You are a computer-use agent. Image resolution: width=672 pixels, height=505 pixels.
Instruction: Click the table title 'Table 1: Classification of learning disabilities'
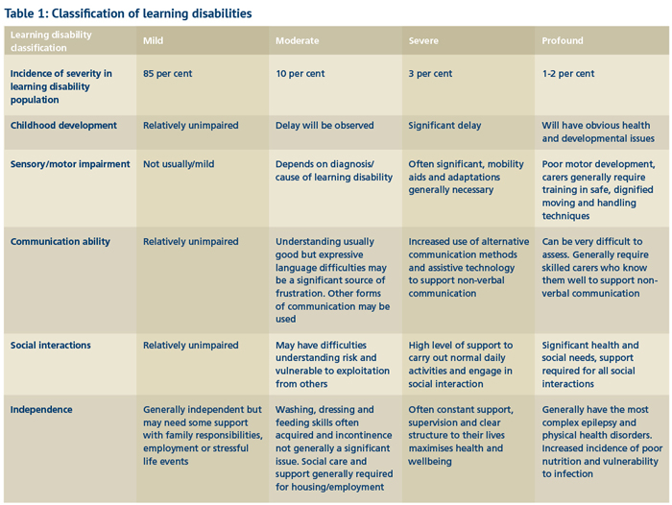pos(129,13)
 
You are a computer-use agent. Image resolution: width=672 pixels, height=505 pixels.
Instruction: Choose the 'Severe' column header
pos(424,41)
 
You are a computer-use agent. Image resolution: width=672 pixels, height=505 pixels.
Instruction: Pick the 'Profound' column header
pos(563,41)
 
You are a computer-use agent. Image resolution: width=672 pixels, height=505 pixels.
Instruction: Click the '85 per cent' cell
pos(168,74)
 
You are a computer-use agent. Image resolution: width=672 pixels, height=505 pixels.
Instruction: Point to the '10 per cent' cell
pos(300,74)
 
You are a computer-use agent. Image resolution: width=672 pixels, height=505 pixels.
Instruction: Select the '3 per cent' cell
pos(430,74)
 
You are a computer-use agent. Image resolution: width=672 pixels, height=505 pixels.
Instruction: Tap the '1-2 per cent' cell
pos(568,74)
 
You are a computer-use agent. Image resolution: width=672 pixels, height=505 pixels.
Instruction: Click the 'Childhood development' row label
pos(63,126)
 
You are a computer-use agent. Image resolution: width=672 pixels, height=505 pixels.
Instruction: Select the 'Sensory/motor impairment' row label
pos(70,164)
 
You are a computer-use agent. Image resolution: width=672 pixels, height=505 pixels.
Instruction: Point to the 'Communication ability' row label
pos(60,242)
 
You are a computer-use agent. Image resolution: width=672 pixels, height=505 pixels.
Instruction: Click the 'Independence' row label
pos(42,410)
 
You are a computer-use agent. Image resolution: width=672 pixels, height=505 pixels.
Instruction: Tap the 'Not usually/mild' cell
pos(179,164)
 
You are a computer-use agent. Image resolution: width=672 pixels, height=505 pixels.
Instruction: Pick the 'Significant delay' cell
pos(444,126)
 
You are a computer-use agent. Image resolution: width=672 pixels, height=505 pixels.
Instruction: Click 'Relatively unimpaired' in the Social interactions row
pos(191,346)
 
